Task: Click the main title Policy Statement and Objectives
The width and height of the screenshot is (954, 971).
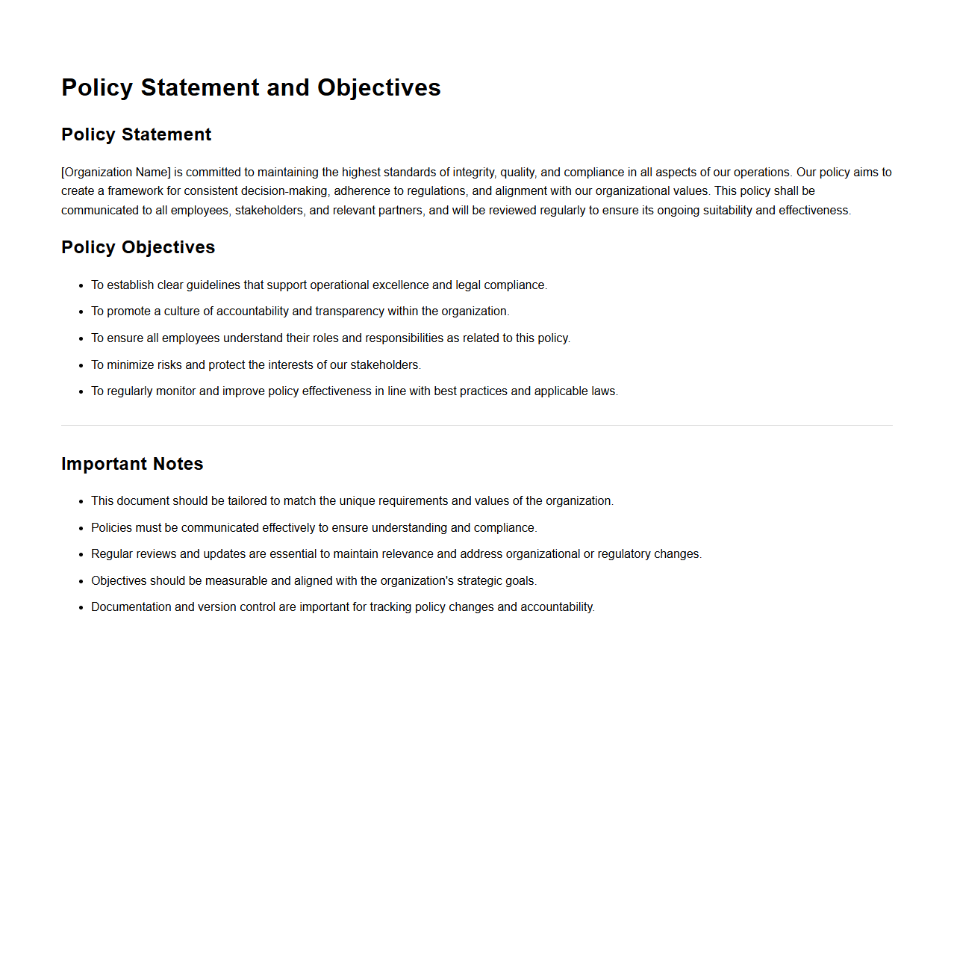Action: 251,87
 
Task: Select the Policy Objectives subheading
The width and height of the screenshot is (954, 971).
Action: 138,247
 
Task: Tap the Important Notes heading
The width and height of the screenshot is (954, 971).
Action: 132,464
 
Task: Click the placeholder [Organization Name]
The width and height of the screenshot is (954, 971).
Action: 116,173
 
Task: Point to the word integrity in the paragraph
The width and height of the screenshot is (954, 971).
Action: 473,173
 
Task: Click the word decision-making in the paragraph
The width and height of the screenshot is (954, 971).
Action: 284,191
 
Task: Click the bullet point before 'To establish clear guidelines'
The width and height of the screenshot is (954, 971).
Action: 81,285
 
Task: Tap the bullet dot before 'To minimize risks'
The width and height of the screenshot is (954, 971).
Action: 81,365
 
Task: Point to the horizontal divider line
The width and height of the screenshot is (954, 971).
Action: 476,426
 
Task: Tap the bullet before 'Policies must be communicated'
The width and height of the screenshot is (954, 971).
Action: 81,528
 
